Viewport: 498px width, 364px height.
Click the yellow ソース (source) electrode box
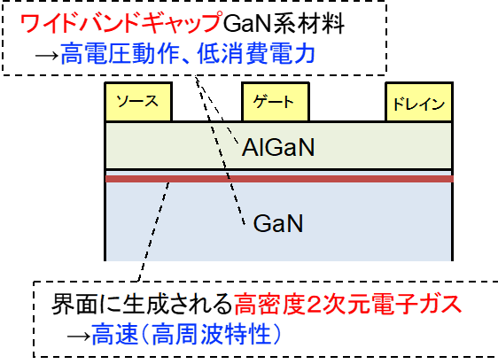(138, 102)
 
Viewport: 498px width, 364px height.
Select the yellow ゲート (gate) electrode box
(276, 102)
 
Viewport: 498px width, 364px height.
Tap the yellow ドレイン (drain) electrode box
(419, 102)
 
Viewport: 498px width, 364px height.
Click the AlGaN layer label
(278, 148)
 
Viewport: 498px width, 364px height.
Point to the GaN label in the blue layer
(278, 224)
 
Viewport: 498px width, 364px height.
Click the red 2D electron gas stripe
(279, 179)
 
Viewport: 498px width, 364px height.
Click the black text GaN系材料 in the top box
(284, 23)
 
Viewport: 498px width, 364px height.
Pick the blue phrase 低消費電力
(256, 54)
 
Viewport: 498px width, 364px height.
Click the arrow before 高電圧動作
(47, 56)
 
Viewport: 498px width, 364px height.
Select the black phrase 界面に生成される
(142, 304)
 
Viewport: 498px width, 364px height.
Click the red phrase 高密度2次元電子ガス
(347, 304)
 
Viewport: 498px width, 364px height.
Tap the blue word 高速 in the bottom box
(115, 334)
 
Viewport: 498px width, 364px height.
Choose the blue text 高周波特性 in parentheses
(211, 334)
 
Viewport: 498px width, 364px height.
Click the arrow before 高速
(79, 336)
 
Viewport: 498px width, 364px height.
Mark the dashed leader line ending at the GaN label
(220, 151)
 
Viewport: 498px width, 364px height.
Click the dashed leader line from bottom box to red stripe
(152, 232)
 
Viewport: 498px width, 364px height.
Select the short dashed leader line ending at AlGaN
(216, 110)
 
